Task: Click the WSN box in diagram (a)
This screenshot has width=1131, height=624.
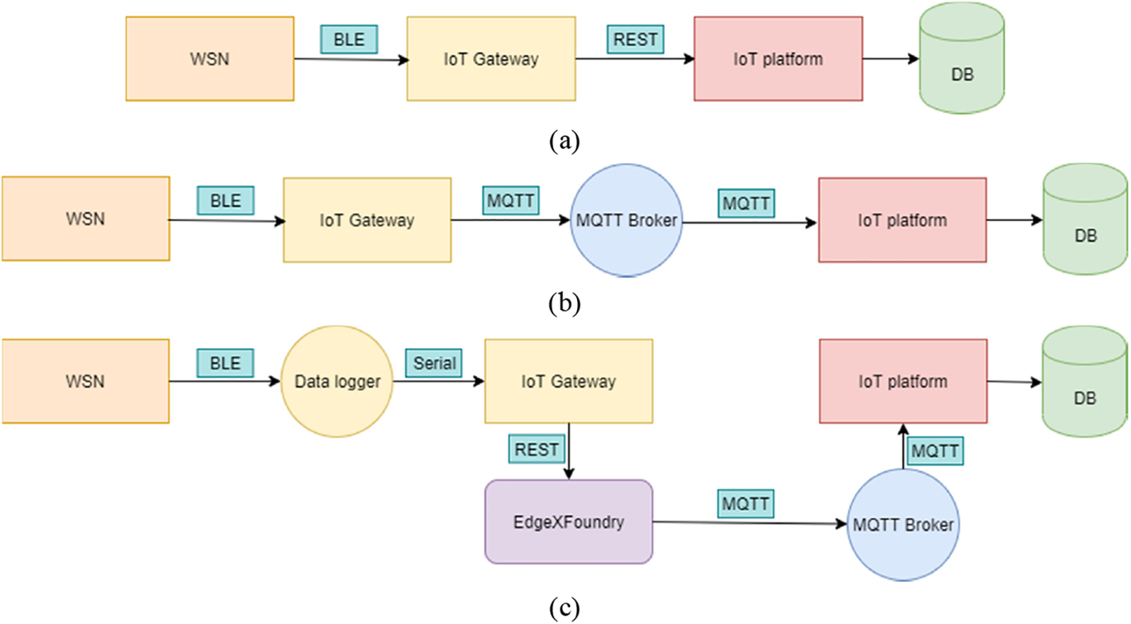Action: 209,59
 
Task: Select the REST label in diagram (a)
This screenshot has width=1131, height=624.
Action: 635,39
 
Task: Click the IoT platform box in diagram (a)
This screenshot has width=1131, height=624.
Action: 778,59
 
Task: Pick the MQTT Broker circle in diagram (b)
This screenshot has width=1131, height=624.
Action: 626,220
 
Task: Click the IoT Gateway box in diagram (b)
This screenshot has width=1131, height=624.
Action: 367,220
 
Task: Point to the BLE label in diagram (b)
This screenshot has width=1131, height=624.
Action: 225,201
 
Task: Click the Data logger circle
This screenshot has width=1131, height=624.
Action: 337,382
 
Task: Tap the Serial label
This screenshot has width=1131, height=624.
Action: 434,363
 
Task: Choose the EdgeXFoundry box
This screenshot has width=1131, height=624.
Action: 569,522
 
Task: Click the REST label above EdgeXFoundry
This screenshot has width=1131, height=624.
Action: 536,450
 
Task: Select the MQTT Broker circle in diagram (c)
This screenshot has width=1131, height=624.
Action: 903,525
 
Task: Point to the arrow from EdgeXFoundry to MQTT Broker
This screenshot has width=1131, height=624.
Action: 750,523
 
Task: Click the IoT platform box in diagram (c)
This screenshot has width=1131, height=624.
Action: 903,382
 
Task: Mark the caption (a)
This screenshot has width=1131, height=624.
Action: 564,140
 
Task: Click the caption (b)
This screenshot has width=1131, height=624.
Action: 564,303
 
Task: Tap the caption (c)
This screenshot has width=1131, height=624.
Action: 564,608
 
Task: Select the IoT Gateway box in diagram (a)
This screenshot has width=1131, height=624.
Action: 491,59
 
